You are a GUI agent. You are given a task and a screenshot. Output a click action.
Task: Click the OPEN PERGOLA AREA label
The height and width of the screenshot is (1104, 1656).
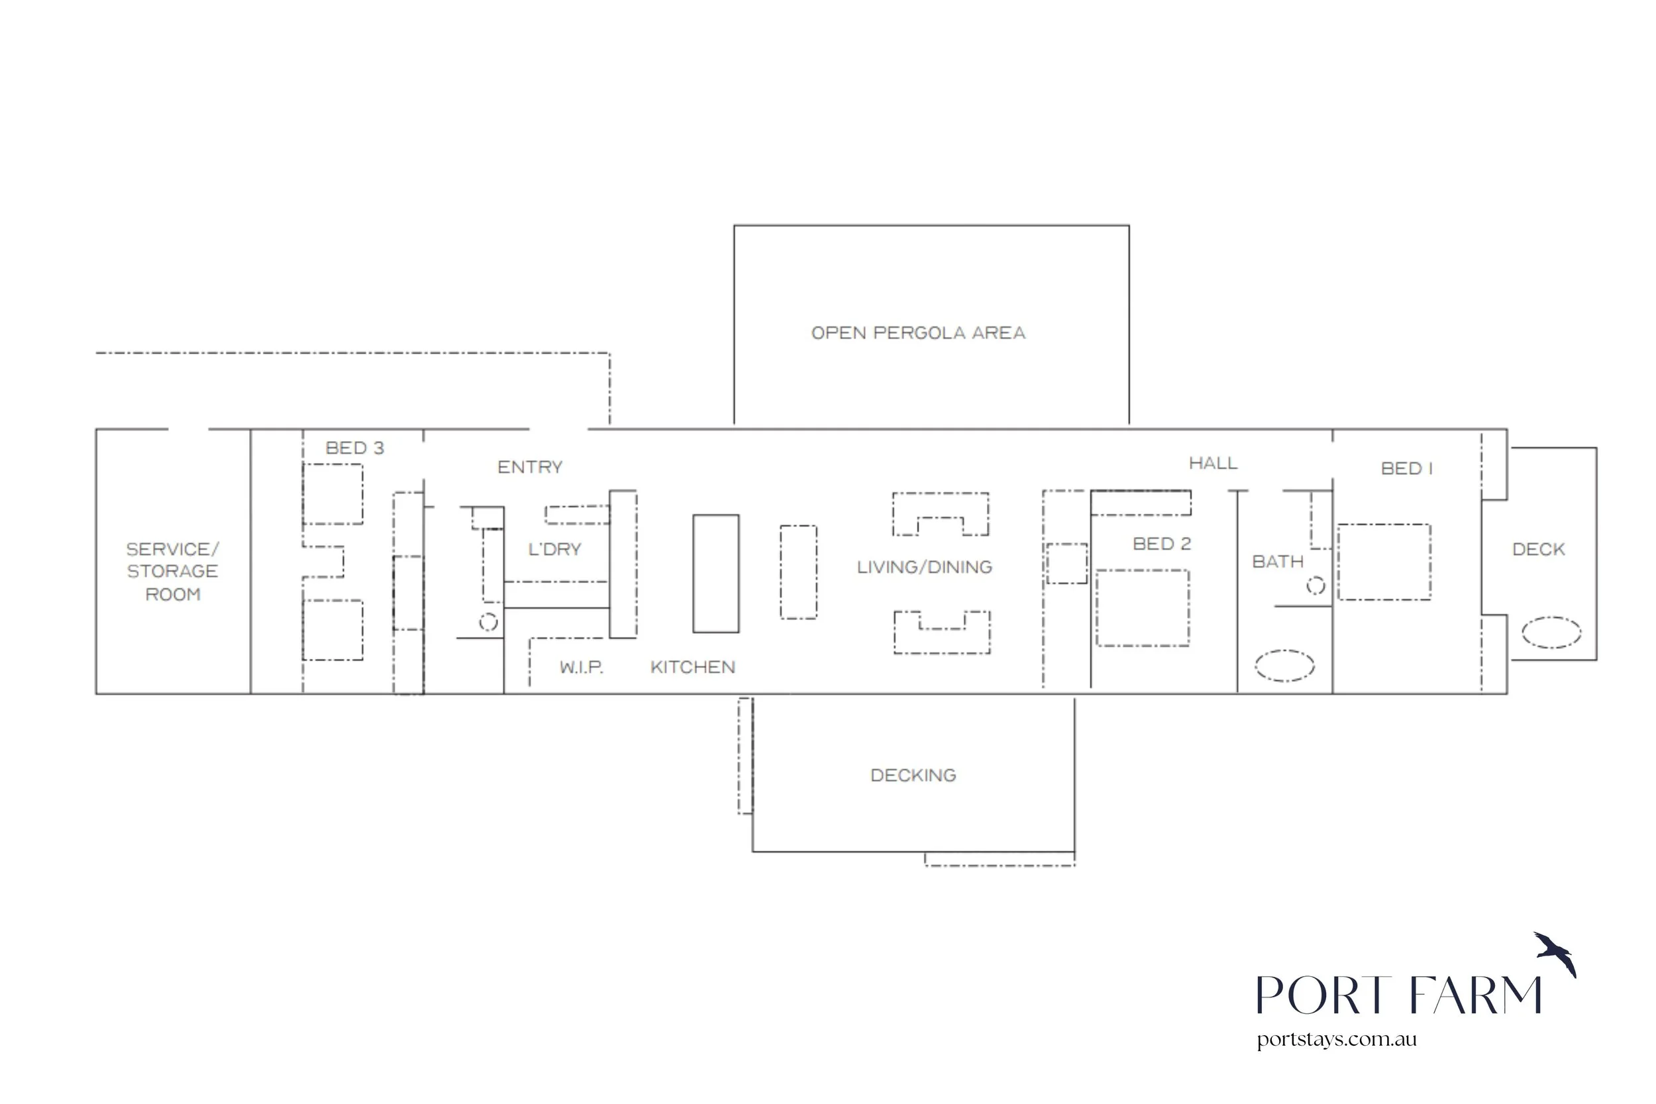918,333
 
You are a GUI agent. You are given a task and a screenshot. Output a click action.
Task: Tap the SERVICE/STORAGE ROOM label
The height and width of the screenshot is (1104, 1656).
172,572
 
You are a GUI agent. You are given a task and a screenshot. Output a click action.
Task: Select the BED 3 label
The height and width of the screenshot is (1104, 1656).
355,448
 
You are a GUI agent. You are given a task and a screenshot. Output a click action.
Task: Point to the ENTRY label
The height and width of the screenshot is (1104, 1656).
530,467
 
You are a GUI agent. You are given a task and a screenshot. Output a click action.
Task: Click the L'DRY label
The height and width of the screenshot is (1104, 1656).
555,549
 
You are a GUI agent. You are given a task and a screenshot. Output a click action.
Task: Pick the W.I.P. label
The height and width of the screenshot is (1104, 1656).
582,668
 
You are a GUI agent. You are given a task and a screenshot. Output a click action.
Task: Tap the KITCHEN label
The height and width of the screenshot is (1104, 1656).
693,668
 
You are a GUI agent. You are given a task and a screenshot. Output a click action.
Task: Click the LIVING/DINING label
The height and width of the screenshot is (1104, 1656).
925,567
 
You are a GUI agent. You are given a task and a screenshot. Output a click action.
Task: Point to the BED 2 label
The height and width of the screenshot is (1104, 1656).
1162,544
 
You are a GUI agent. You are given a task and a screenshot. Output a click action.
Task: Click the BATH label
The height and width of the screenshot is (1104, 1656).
1278,562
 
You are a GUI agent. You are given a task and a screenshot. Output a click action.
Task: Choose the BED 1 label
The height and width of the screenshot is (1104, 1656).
1407,468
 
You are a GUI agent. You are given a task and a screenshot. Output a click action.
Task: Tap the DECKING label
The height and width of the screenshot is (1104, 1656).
913,776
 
